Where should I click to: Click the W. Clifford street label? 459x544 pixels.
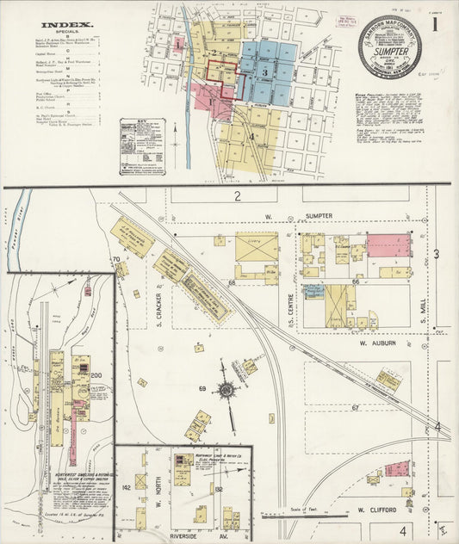(375, 510)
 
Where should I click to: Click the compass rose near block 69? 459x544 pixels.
(226, 390)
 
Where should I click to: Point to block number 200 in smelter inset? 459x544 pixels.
(96, 375)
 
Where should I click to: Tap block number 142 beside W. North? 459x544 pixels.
(127, 487)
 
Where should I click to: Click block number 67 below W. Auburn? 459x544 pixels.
(355, 406)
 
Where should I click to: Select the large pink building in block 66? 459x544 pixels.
(388, 246)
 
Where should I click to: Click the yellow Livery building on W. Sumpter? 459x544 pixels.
(257, 247)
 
